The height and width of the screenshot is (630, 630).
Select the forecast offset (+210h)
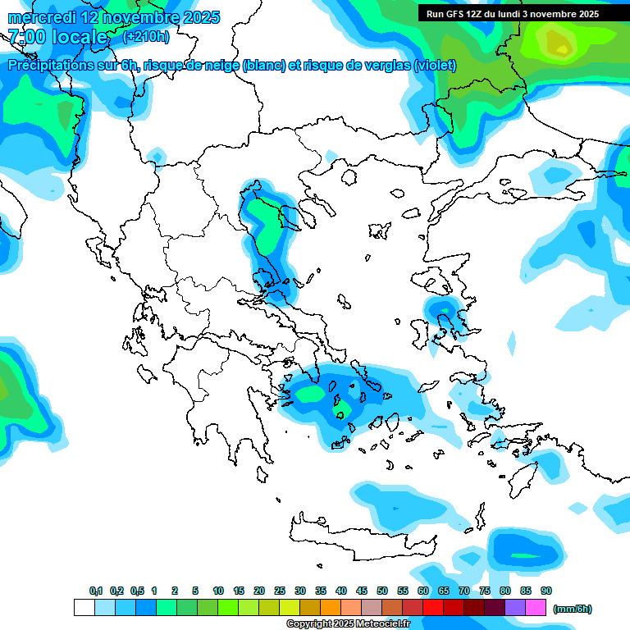click(x=146, y=37)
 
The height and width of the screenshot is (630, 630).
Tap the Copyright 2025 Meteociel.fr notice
click(x=348, y=624)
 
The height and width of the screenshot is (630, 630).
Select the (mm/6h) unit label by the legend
click(x=573, y=609)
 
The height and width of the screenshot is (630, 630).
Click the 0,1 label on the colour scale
click(x=96, y=591)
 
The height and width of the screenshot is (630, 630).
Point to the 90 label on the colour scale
click(x=546, y=591)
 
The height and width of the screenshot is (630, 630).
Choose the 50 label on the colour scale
click(x=382, y=591)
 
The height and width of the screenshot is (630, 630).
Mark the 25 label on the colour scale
click(x=280, y=591)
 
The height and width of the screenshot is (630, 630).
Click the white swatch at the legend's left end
click(x=84, y=608)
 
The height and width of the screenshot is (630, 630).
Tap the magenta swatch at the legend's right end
click(x=536, y=608)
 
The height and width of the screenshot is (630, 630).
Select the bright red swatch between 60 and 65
click(x=433, y=608)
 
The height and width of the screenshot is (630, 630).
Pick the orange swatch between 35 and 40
click(x=331, y=608)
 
